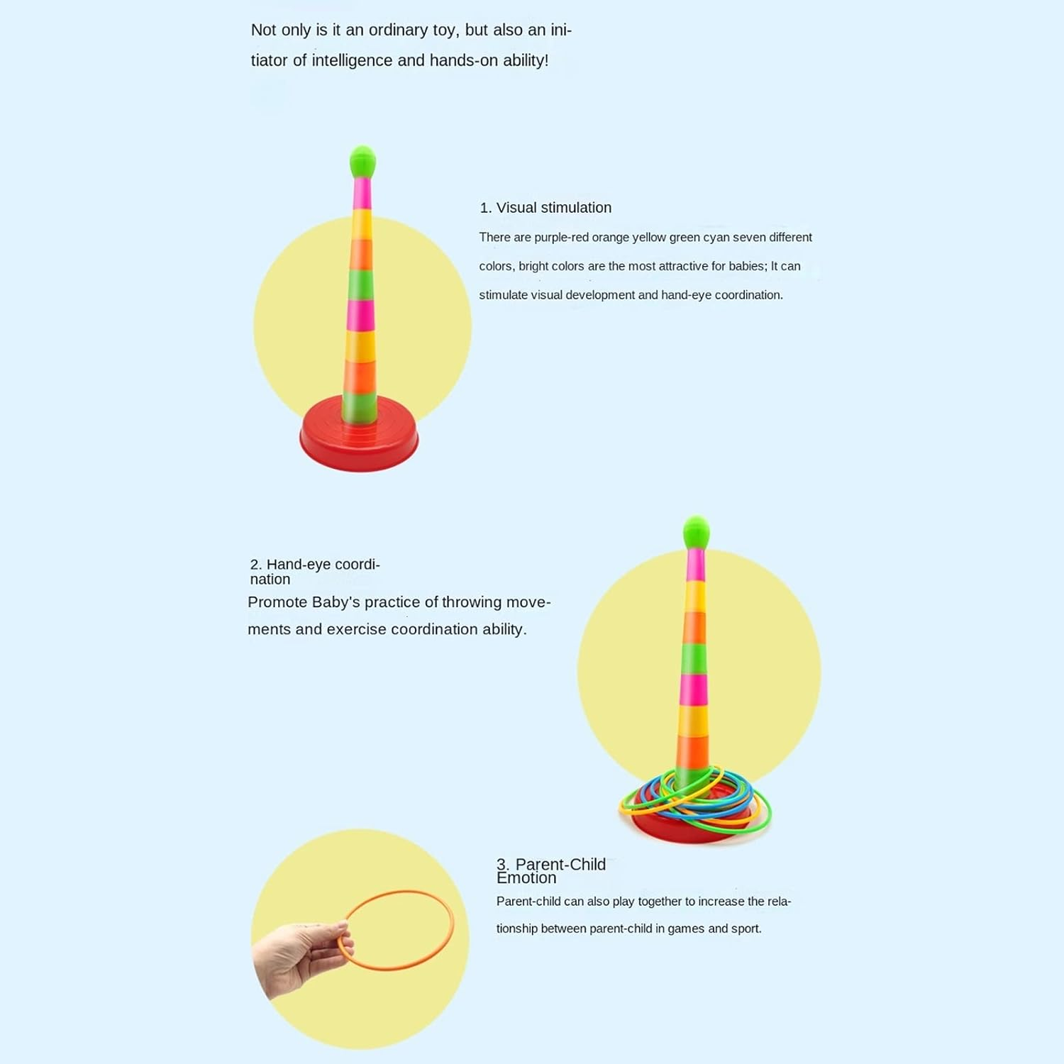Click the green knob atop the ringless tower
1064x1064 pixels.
(x=362, y=162)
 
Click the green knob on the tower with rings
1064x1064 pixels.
(x=696, y=533)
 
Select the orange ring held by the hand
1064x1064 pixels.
(x=395, y=930)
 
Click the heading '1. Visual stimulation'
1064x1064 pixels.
(x=545, y=208)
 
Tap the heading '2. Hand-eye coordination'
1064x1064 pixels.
(x=315, y=572)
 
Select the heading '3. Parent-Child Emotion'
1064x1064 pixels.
(x=551, y=871)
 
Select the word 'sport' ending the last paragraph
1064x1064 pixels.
(x=746, y=929)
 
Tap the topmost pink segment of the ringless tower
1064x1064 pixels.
(x=362, y=193)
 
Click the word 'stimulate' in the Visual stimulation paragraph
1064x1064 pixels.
(x=503, y=295)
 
